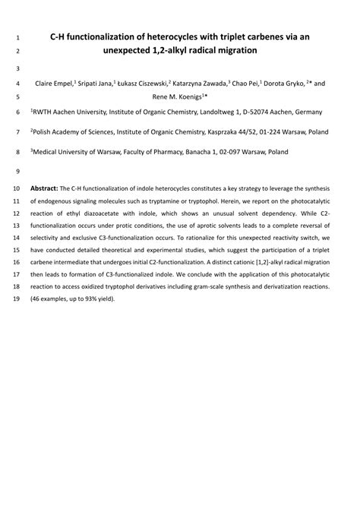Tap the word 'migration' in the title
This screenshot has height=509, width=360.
click(233, 51)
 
